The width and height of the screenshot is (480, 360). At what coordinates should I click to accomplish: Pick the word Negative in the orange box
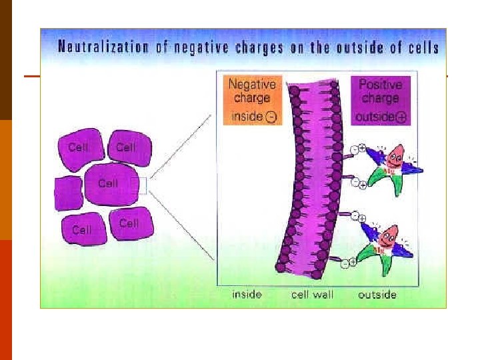click(253, 85)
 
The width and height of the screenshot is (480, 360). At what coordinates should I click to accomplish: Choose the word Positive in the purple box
click(381, 85)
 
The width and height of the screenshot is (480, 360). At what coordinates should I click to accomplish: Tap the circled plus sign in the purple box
click(401, 117)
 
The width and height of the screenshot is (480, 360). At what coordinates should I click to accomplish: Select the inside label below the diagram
click(247, 294)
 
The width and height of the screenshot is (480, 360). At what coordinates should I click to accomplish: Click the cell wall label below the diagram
click(313, 294)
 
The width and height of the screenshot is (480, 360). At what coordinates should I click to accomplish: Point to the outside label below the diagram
click(377, 294)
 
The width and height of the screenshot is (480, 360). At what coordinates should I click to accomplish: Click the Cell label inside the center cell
click(107, 183)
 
